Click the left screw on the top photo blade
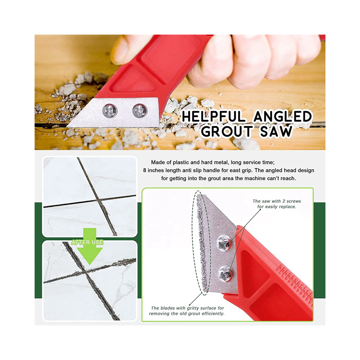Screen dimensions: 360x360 pos(110,111)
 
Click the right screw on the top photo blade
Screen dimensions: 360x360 pos(140,111)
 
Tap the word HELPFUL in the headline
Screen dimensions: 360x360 pos(213,116)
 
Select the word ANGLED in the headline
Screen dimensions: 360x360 pos(283,116)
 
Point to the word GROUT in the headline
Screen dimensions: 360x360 pos(227,131)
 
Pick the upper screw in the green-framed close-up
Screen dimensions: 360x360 pos(223,243)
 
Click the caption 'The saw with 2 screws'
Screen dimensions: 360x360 pos(277,201)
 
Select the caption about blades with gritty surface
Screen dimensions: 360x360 pos(187,311)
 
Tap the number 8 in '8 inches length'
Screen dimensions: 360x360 pos(145,170)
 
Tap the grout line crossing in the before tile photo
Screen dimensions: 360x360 pos(99,200)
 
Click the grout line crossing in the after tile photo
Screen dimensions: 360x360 pos(85,272)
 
